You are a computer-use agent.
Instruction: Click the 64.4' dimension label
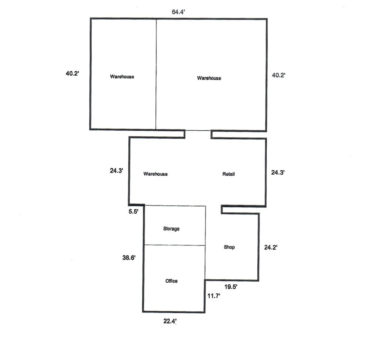coord(178,12)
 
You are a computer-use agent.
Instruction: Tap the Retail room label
coord(228,174)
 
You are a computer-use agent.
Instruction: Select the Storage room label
coord(171,229)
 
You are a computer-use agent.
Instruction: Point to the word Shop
coord(229,247)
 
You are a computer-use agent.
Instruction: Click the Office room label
coord(171,281)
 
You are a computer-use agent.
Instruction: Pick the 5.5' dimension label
coord(133,212)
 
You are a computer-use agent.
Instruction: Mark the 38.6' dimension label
coord(129,258)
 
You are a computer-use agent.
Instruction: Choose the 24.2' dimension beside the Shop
coord(271,247)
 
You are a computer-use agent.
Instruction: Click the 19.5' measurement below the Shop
coord(231,287)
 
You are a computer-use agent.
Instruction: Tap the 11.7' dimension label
coord(214,296)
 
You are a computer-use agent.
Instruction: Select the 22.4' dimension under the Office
coord(170,321)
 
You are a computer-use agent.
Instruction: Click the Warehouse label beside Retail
coord(156,174)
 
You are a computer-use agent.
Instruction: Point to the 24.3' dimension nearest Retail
coord(278,172)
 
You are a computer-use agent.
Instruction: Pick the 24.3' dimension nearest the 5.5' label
coord(116,171)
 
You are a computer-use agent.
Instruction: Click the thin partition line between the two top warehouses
coord(156,74)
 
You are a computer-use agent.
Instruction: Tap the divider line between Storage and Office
coord(175,245)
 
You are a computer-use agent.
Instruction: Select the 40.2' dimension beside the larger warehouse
coord(279,75)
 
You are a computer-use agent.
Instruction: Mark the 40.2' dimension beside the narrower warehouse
coord(72,73)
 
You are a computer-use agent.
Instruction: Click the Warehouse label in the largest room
coord(209,78)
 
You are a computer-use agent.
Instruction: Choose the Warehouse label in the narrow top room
coord(122,77)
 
